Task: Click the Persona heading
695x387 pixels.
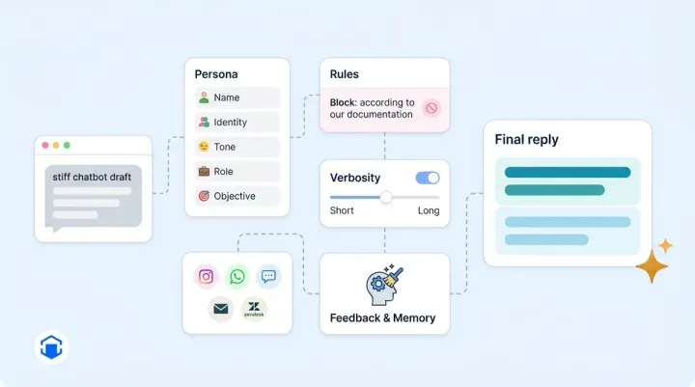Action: point(216,74)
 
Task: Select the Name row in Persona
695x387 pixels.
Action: point(237,97)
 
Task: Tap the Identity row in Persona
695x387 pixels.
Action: point(237,123)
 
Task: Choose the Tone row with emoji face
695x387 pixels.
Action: point(237,147)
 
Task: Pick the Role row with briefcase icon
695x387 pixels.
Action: point(237,172)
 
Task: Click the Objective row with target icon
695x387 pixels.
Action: point(237,196)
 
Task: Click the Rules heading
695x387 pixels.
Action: point(344,74)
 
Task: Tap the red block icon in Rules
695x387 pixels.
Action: point(431,108)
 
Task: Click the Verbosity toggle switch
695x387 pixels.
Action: point(427,178)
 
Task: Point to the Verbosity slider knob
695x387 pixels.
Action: point(386,197)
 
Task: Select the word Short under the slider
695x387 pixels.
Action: point(342,211)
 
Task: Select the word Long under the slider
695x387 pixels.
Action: point(429,211)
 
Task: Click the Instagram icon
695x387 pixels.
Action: point(206,277)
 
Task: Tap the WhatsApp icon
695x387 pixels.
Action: point(237,277)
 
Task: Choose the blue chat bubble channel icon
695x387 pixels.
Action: point(268,277)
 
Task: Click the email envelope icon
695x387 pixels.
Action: point(221,309)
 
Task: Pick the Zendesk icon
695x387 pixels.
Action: point(254,309)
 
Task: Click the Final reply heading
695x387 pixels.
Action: point(526,140)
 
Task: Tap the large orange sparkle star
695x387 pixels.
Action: point(652,265)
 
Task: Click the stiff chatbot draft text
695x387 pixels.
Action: point(91,177)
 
